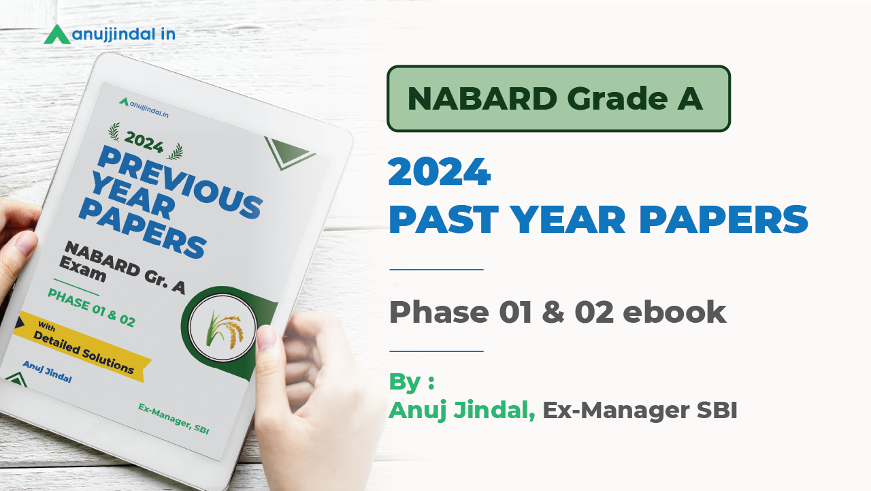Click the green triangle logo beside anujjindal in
[57, 35]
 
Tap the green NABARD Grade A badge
[558, 99]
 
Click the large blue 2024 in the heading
[439, 173]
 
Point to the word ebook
[674, 312]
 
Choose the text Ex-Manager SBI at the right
[640, 411]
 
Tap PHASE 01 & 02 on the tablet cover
[91, 307]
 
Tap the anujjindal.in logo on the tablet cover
[144, 108]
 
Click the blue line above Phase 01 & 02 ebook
[436, 270]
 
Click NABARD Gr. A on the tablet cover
[125, 266]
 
